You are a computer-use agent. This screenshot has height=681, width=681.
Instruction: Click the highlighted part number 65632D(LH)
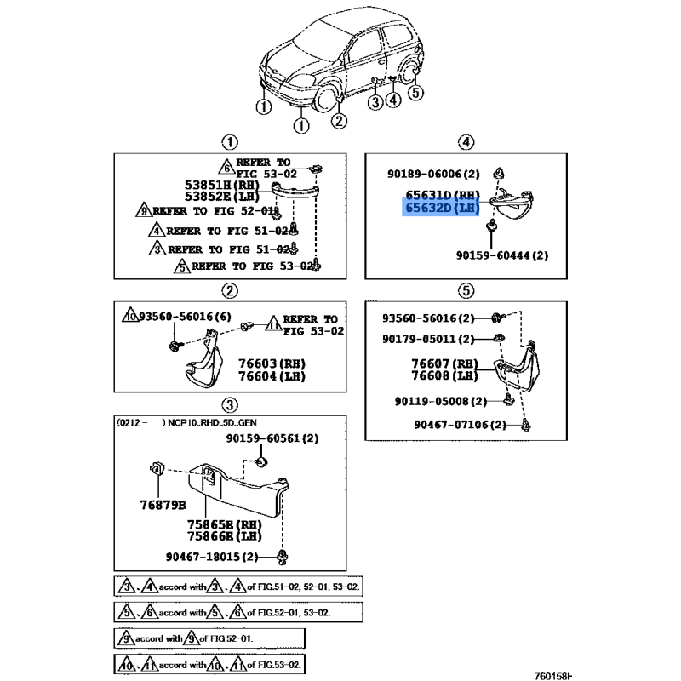[x=443, y=208]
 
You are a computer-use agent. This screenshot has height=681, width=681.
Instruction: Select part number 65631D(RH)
[x=443, y=195]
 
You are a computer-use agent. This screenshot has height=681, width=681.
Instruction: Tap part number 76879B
[x=163, y=504]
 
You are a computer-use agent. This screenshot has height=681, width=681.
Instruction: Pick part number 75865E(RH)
[x=223, y=524]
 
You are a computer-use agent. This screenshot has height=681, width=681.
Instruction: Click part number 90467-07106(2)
[x=461, y=424]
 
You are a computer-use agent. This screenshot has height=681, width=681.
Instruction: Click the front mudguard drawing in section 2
[x=202, y=366]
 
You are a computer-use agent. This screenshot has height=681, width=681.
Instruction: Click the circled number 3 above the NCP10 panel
[x=230, y=404]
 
